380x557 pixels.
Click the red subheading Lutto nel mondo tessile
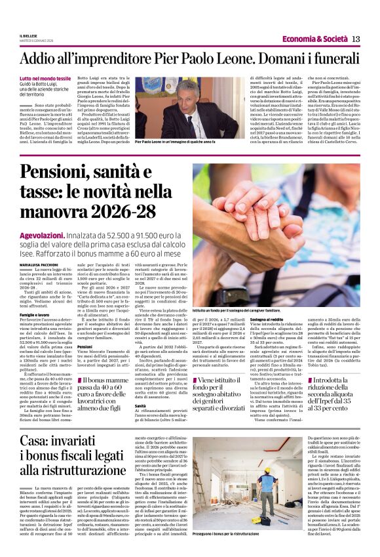pos(46,78)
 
